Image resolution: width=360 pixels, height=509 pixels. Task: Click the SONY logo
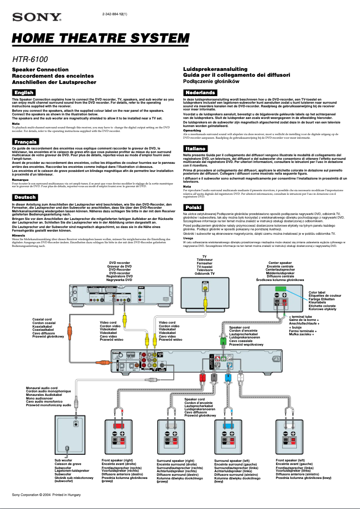(37, 18)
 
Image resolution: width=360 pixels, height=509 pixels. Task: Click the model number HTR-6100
(30, 59)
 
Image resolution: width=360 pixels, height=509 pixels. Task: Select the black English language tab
(24, 92)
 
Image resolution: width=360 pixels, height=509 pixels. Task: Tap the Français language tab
(25, 142)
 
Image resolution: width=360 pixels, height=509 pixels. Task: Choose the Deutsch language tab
(25, 197)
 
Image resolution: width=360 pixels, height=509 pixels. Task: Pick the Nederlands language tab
(200, 92)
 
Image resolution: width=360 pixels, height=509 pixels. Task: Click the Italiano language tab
(195, 149)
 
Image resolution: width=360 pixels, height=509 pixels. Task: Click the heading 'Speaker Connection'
(40, 70)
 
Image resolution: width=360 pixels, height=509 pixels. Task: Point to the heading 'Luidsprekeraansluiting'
(215, 69)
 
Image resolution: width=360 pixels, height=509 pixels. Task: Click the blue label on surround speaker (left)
(228, 425)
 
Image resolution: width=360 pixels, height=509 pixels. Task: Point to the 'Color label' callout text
(317, 293)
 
